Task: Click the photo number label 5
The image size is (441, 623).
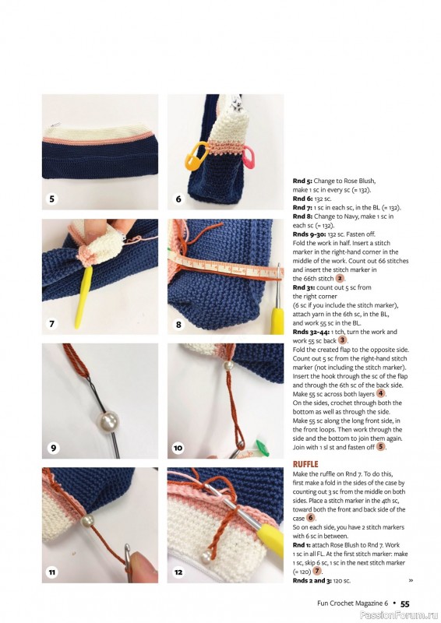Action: pyautogui.click(x=51, y=199)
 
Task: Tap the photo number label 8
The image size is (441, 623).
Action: pyautogui.click(x=178, y=324)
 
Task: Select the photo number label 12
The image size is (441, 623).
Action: pyautogui.click(x=178, y=572)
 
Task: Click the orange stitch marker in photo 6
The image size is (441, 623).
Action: pyautogui.click(x=197, y=156)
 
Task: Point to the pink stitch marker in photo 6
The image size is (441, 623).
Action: pyautogui.click(x=249, y=158)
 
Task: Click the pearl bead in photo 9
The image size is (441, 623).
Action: pyautogui.click(x=108, y=421)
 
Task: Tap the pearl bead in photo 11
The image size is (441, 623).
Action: pyautogui.click(x=87, y=520)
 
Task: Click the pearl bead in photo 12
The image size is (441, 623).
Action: pyautogui.click(x=206, y=557)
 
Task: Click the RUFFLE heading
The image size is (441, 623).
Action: pyautogui.click(x=305, y=464)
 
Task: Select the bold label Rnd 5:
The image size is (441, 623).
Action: pyautogui.click(x=302, y=181)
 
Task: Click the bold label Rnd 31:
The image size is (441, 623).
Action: pyautogui.click(x=304, y=287)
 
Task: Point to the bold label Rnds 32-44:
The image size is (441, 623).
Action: pyautogui.click(x=311, y=332)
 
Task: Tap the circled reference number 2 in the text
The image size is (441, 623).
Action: pyautogui.click(x=340, y=279)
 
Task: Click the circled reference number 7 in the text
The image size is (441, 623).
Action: pyautogui.click(x=317, y=571)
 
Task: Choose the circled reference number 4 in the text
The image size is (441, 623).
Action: pyautogui.click(x=380, y=394)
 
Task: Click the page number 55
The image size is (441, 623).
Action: pyautogui.click(x=405, y=604)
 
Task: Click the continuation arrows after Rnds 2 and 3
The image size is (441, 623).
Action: pyautogui.click(x=411, y=580)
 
